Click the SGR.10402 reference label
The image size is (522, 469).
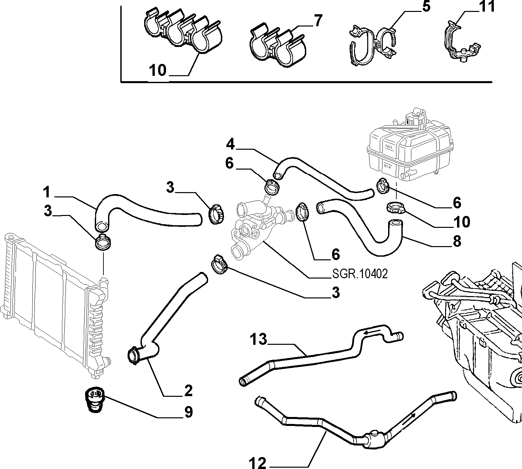point(360,274)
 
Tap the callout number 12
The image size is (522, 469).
point(257,463)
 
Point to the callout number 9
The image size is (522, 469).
point(189,412)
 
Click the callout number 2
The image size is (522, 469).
point(188,391)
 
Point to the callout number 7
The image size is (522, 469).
point(318,21)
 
